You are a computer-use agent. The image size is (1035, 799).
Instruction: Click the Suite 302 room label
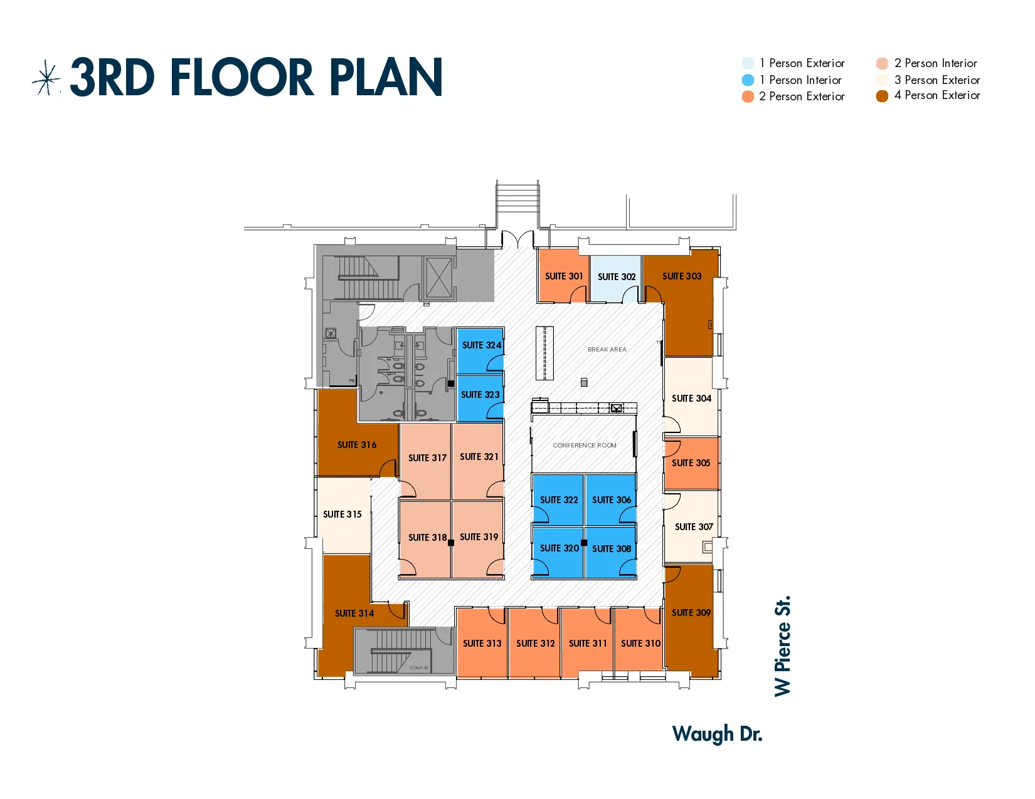(617, 277)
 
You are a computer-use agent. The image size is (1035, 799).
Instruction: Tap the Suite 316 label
(357, 445)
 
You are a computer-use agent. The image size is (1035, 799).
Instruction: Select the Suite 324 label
(482, 345)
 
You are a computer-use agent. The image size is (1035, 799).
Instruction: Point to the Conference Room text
(584, 446)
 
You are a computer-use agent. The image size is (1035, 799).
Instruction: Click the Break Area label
(607, 350)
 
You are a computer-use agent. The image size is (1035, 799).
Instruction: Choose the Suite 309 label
(691, 613)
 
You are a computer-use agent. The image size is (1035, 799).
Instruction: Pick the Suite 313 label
(482, 644)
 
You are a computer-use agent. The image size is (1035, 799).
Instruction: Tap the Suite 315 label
(342, 514)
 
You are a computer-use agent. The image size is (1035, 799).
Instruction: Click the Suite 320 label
(559, 548)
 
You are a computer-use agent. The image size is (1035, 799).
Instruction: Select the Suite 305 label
(691, 463)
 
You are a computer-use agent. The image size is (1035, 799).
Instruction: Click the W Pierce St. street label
(782, 646)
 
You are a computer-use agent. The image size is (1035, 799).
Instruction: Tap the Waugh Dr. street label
(716, 734)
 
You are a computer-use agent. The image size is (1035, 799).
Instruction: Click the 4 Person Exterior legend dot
(882, 96)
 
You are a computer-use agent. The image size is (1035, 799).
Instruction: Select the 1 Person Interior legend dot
(748, 80)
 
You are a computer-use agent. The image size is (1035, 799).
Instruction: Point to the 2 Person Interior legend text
(935, 63)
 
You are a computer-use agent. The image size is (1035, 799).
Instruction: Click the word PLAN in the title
(386, 78)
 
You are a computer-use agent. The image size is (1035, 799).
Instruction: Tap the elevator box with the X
(438, 276)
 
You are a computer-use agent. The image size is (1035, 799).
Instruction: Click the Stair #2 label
(419, 668)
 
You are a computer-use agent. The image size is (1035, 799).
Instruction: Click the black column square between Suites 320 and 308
(584, 543)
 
